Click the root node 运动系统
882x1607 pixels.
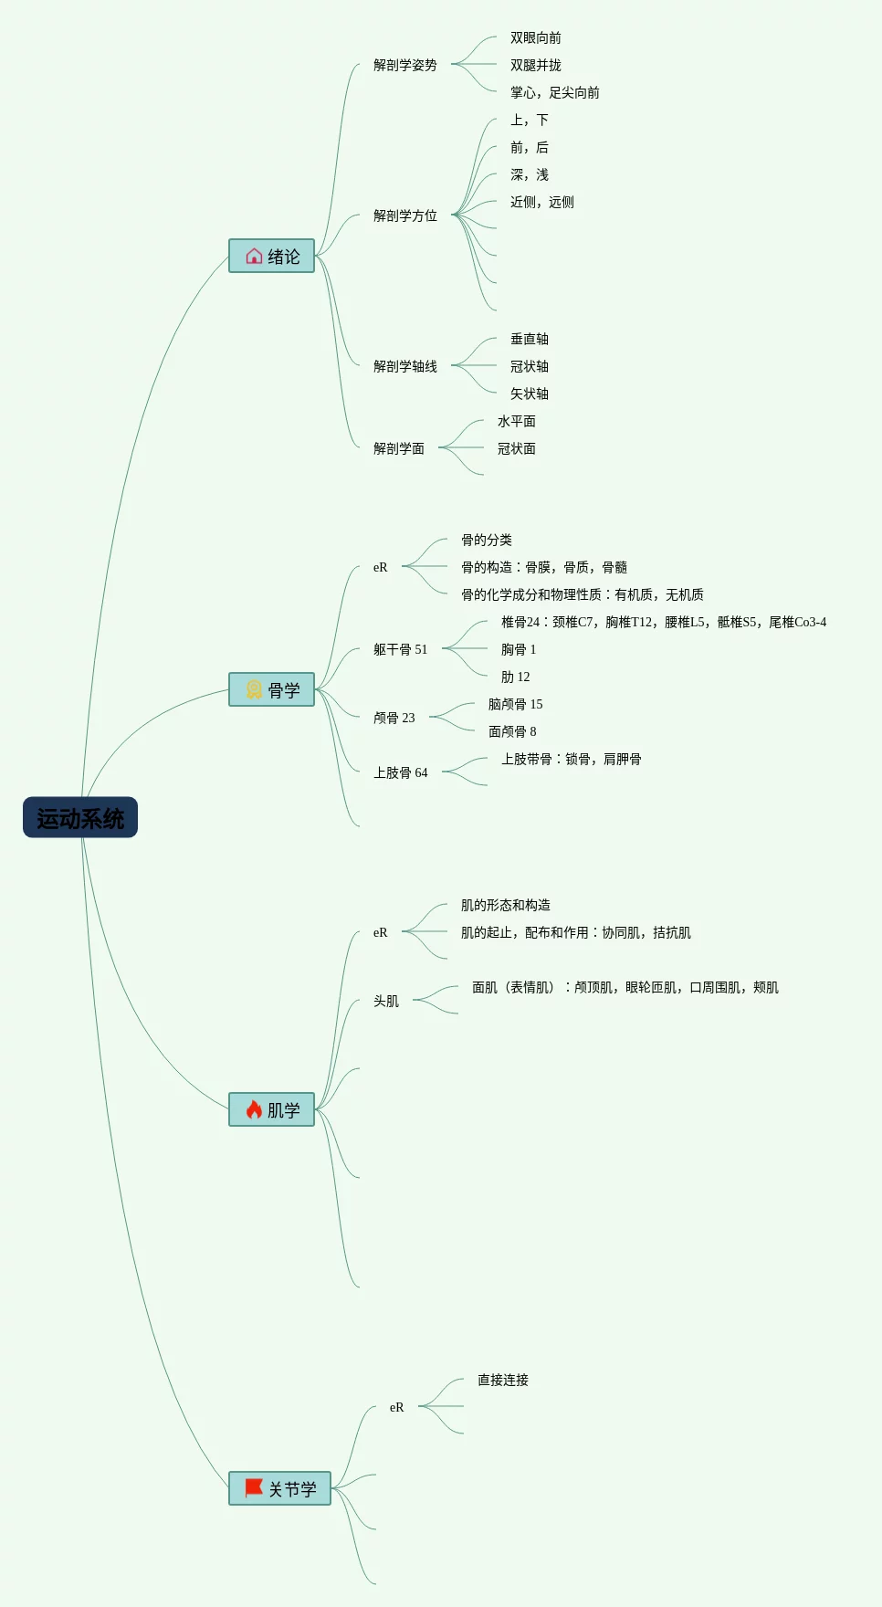click(x=80, y=817)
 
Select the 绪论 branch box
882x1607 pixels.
click(x=271, y=256)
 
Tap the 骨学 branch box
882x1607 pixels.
click(x=271, y=689)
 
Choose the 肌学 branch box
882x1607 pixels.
click(x=271, y=1109)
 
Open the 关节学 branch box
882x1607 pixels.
click(x=279, y=1488)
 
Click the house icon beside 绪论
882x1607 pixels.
click(x=254, y=256)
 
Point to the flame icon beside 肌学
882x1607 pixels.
click(x=254, y=1109)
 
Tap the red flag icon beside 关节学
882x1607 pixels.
click(x=254, y=1488)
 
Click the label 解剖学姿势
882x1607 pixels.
click(x=405, y=65)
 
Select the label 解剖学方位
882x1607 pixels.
click(x=405, y=215)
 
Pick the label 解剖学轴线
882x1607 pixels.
click(x=405, y=366)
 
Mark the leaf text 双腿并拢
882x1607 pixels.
click(x=536, y=65)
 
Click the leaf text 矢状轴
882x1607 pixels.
click(x=530, y=394)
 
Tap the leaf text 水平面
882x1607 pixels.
click(x=517, y=421)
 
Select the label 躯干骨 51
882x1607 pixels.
click(x=400, y=649)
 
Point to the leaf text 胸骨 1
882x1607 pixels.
click(x=519, y=649)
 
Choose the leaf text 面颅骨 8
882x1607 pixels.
click(x=512, y=731)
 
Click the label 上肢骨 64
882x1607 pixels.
click(x=400, y=772)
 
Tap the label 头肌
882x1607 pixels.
click(x=386, y=1001)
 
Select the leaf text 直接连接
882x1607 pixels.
click(x=503, y=1380)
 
